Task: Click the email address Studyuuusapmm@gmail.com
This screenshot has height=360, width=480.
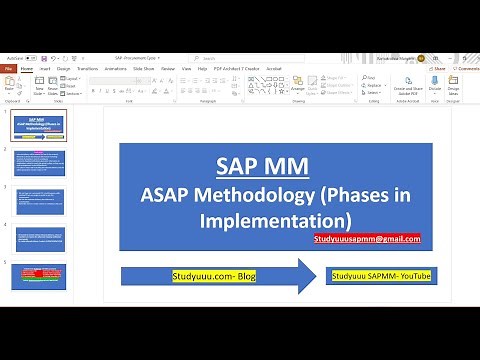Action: [366, 238]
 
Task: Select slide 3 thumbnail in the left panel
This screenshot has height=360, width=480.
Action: [39, 200]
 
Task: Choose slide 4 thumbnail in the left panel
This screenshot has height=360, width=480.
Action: [39, 238]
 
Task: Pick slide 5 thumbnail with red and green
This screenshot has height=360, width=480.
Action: [39, 277]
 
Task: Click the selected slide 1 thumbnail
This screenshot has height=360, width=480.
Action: [39, 124]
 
